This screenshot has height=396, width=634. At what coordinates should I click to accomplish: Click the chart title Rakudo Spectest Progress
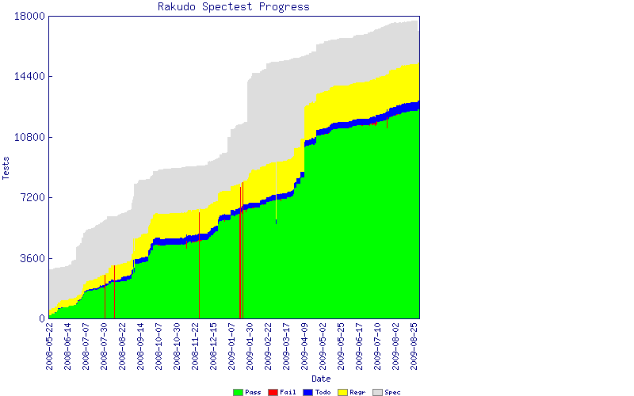coord(233,7)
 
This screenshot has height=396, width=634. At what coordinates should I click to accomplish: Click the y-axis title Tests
coord(7,167)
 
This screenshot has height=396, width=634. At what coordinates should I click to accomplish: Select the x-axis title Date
coord(321,379)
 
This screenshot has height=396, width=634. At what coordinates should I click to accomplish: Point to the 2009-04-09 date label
coord(304,346)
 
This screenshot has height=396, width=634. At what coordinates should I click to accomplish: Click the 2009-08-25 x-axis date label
coord(414,346)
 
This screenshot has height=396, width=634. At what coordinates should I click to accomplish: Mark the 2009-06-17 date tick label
coord(359,346)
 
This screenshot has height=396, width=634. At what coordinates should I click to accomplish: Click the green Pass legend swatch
coord(238,392)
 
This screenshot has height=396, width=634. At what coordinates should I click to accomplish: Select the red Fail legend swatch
coord(273,392)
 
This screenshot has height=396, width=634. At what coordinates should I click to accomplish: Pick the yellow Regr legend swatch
coord(342,392)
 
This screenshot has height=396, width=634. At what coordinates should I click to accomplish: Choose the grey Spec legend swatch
coord(377,392)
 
